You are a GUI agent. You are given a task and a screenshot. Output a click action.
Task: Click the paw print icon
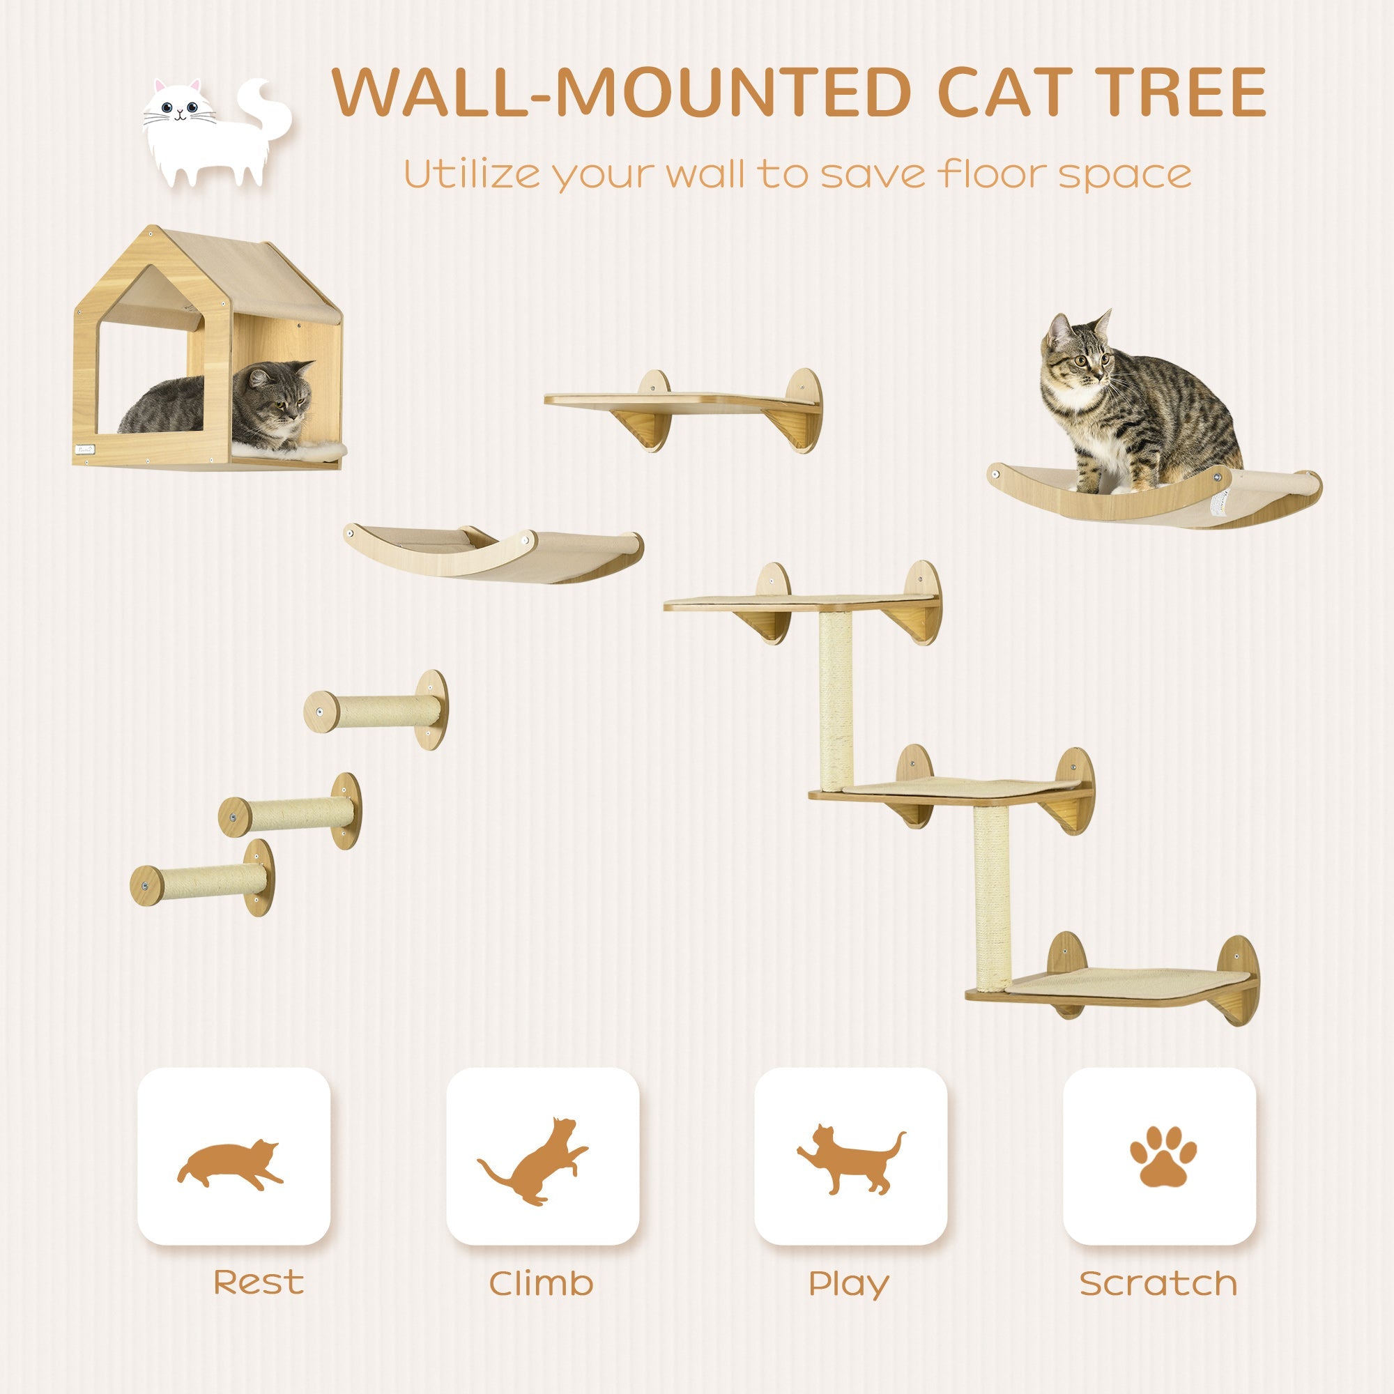pyautogui.click(x=1162, y=1166)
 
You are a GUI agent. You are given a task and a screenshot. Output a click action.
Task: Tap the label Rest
pyautogui.click(x=259, y=1283)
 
